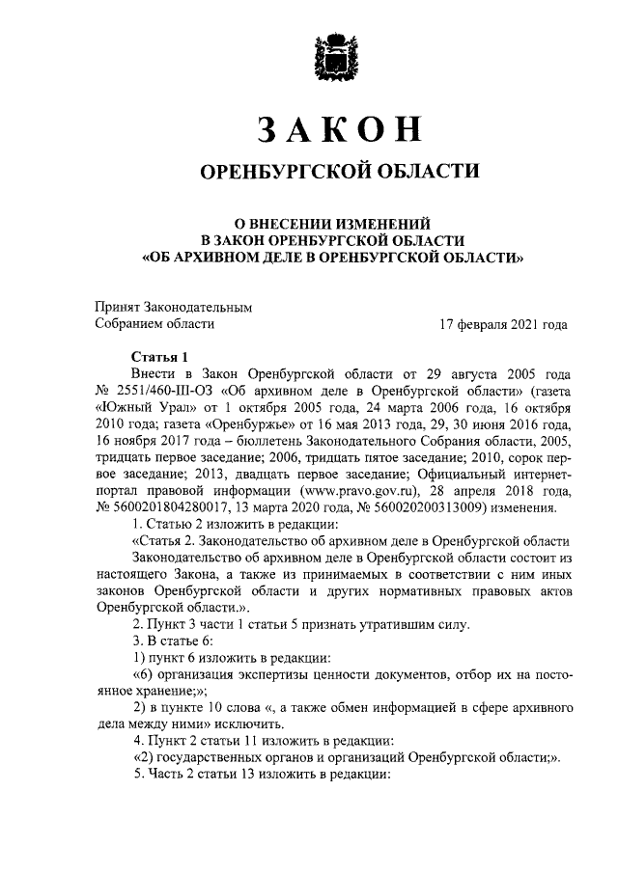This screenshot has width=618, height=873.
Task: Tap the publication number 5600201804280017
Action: tap(174, 509)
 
